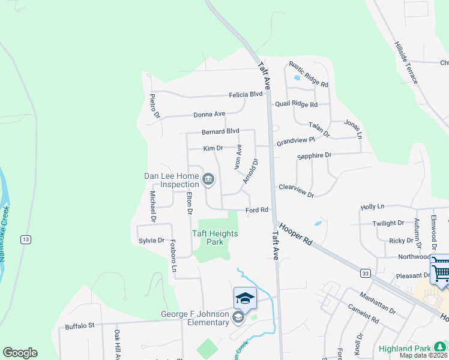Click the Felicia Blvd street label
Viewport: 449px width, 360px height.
click(x=246, y=94)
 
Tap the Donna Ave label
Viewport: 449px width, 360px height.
click(x=209, y=114)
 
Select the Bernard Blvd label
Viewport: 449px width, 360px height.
click(x=220, y=131)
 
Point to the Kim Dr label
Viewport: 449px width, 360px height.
click(x=213, y=148)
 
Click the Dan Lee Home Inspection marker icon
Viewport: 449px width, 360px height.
click(x=208, y=178)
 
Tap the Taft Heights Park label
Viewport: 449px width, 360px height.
click(x=214, y=238)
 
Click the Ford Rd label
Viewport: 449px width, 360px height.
click(x=256, y=210)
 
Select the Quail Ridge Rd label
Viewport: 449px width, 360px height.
click(x=296, y=104)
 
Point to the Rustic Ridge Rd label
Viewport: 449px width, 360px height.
click(x=309, y=74)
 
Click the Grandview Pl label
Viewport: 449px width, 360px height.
click(x=295, y=142)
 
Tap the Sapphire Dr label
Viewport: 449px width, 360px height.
click(x=315, y=156)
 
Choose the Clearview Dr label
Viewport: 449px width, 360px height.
click(x=296, y=191)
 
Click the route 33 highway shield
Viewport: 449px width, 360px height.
click(x=366, y=273)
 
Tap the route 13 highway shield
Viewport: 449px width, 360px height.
click(x=25, y=239)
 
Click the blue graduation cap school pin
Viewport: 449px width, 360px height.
click(x=245, y=298)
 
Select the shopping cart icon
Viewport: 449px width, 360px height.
click(x=441, y=271)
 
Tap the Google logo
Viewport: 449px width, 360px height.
click(x=20, y=353)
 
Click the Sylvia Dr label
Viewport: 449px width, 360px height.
click(x=151, y=240)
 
